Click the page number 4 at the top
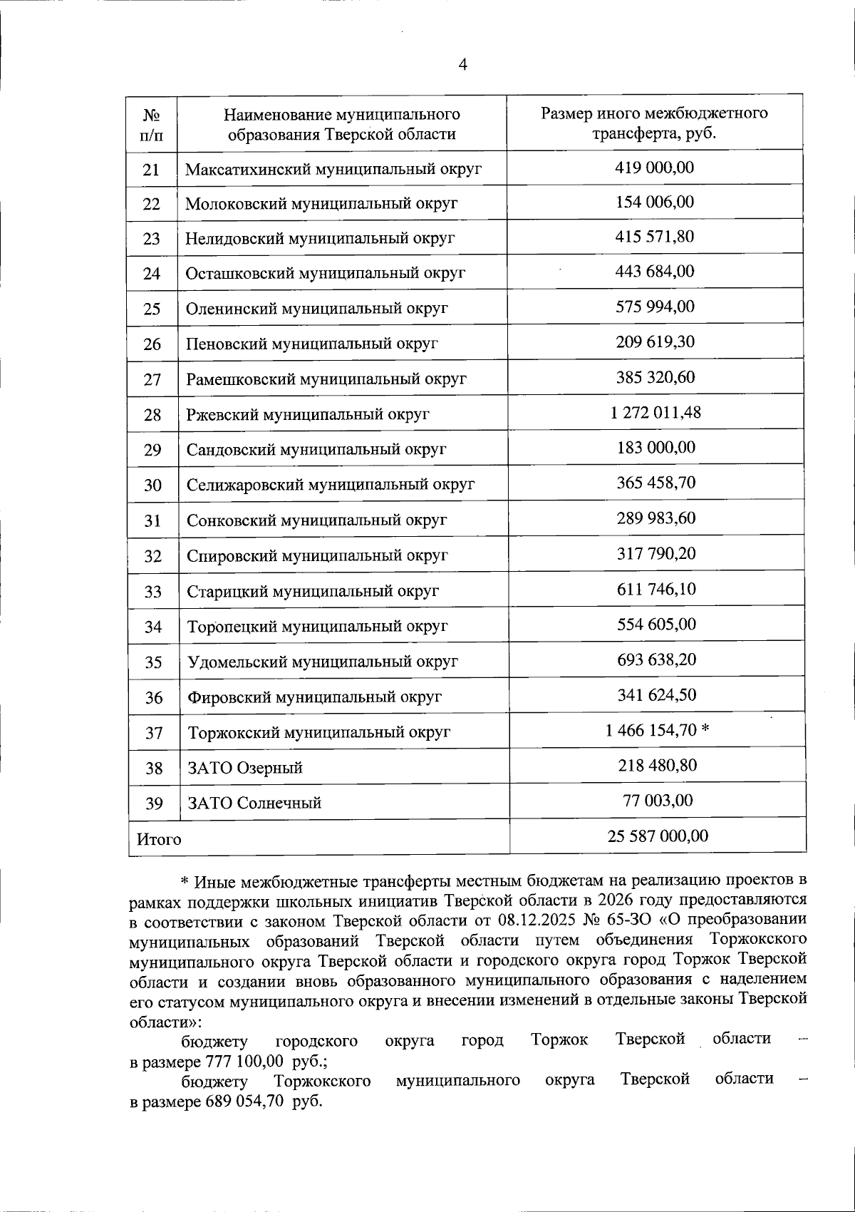tap(462, 66)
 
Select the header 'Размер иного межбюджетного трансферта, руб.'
tap(654, 123)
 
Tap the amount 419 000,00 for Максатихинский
tap(654, 168)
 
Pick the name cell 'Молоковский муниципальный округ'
tap(321, 204)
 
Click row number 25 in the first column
tap(152, 309)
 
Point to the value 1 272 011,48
tap(655, 412)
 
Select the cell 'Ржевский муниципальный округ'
tap(308, 414)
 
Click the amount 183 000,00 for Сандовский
tap(655, 448)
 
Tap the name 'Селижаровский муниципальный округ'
tap(331, 485)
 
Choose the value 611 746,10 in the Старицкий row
tap(656, 589)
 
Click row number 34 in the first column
tap(153, 627)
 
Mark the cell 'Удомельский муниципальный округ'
tap(323, 662)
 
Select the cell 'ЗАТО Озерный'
tap(245, 768)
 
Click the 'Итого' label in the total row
tap(159, 839)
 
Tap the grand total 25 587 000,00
tap(658, 836)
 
